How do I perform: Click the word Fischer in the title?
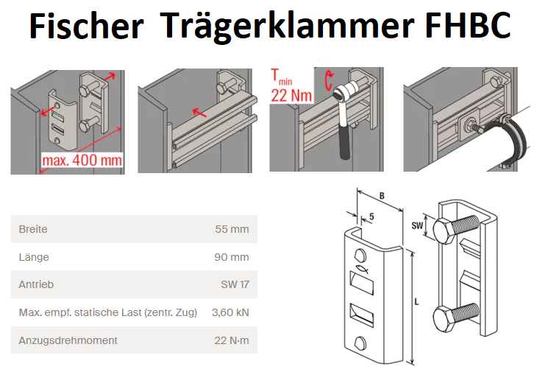[86, 26]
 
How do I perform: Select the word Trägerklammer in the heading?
[287, 26]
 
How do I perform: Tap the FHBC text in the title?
[469, 26]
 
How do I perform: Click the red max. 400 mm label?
[82, 160]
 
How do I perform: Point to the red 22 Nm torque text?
[291, 95]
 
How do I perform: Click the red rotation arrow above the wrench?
[329, 80]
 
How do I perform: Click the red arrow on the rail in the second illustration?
[199, 112]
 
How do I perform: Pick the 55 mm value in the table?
[232, 229]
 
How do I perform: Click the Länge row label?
[34, 257]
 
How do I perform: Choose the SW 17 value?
[235, 284]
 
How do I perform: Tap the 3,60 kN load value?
[230, 312]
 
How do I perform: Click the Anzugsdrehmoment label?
[68, 340]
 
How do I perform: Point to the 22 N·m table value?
[232, 340]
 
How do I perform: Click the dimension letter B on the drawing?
[382, 196]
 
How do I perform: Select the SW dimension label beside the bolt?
[417, 225]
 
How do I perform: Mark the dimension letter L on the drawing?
[416, 302]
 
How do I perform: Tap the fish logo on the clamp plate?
[362, 270]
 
